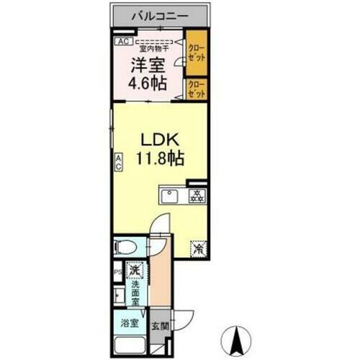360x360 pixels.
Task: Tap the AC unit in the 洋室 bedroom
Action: (122, 42)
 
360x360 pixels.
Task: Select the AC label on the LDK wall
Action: (117, 162)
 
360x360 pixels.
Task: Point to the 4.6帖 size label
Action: (148, 83)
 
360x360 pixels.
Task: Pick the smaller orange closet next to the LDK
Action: (196, 89)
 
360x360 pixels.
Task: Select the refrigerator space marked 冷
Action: (196, 249)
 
